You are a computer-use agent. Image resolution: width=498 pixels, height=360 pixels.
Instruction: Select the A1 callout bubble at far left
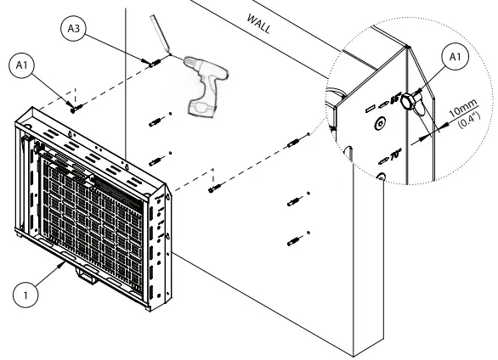pos(22,64)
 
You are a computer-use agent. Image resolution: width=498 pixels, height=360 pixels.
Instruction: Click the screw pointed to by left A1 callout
pos(76,107)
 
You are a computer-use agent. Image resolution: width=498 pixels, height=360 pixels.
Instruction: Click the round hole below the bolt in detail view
pos(380,179)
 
